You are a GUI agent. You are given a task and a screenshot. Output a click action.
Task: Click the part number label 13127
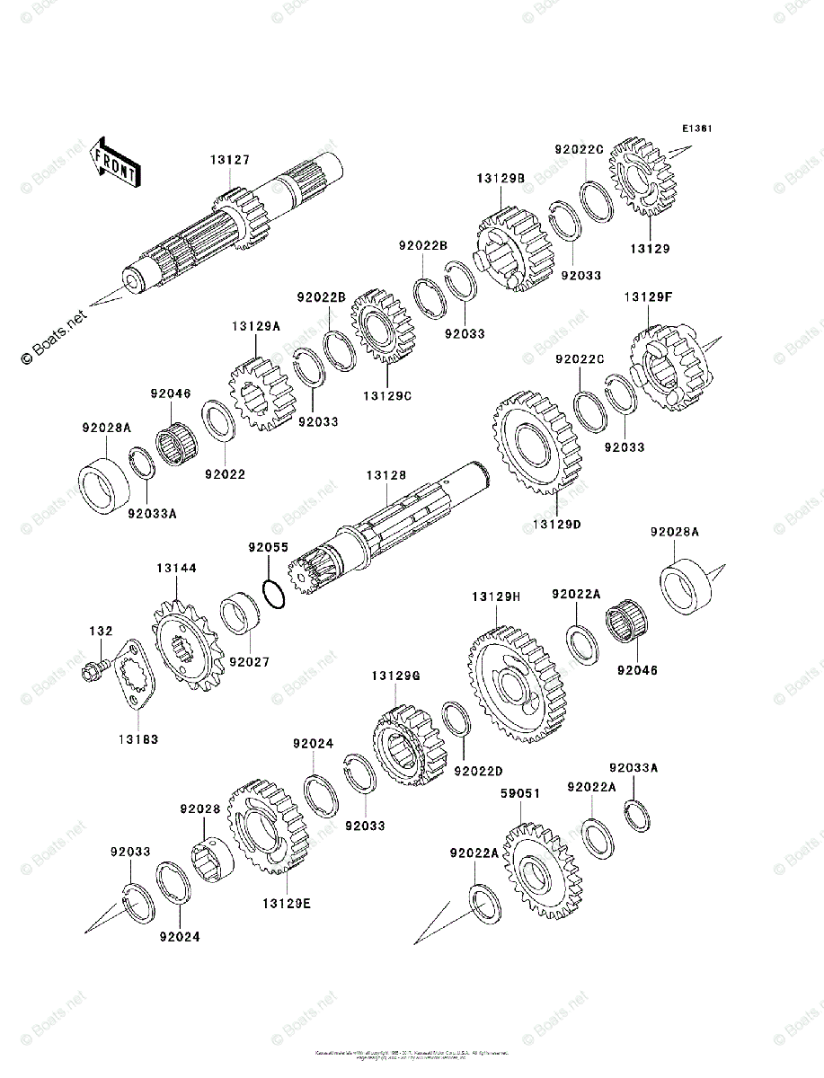click(x=230, y=160)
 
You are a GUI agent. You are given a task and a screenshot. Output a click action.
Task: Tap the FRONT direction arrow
click(x=116, y=163)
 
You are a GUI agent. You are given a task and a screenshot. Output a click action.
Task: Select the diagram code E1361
click(x=696, y=128)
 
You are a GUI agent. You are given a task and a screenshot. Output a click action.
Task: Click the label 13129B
click(x=501, y=179)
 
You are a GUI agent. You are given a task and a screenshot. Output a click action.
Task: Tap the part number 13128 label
click(x=385, y=474)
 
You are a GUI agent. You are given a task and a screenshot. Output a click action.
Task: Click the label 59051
click(x=519, y=794)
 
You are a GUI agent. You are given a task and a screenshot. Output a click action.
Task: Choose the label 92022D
click(x=478, y=771)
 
